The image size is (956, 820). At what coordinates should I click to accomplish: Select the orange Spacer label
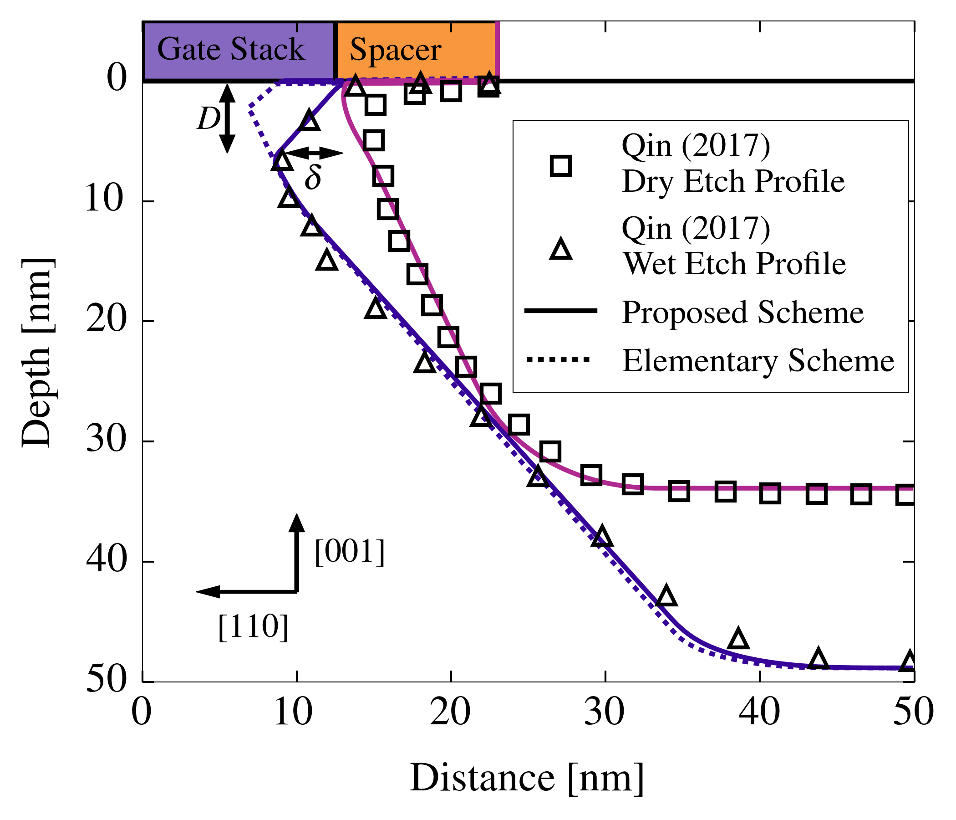[x=396, y=50]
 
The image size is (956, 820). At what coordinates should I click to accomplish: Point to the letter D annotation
[x=208, y=118]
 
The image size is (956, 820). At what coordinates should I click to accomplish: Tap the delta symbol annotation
[x=313, y=177]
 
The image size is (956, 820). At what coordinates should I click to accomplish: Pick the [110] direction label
[x=253, y=626]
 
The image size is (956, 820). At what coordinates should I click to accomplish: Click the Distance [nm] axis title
[x=526, y=778]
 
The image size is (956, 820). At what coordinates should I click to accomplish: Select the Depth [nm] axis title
[x=37, y=353]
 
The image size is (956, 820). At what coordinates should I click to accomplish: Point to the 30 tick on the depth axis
[x=106, y=441]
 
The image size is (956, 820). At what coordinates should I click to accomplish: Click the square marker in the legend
[x=560, y=165]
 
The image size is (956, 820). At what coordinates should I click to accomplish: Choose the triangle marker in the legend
[x=560, y=249]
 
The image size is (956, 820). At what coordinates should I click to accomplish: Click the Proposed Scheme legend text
[x=742, y=313]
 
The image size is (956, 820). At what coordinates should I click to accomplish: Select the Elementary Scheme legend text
[x=758, y=361]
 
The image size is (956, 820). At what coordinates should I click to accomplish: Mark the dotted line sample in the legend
[x=560, y=359]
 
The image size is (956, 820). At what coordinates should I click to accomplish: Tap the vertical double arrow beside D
[x=227, y=118]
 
